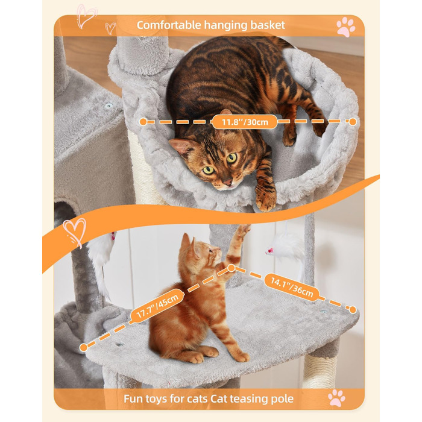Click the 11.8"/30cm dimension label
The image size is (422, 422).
[245, 122]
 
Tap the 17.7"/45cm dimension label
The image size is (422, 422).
[157, 306]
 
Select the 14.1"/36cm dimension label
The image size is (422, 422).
[292, 288]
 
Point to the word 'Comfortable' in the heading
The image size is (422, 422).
[169, 25]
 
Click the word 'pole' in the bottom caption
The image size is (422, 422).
[282, 398]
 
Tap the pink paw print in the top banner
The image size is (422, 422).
[346, 27]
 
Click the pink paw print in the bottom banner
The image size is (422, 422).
[336, 398]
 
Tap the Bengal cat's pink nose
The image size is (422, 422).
[227, 183]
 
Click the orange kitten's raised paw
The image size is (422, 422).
[244, 230]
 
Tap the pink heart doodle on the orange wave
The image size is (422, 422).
[75, 232]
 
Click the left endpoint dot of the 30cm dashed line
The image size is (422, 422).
[143, 122]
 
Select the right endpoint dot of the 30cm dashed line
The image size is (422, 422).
[353, 122]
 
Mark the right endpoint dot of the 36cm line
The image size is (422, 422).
[353, 309]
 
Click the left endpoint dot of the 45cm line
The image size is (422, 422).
[84, 348]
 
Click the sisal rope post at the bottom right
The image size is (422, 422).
[320, 371]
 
